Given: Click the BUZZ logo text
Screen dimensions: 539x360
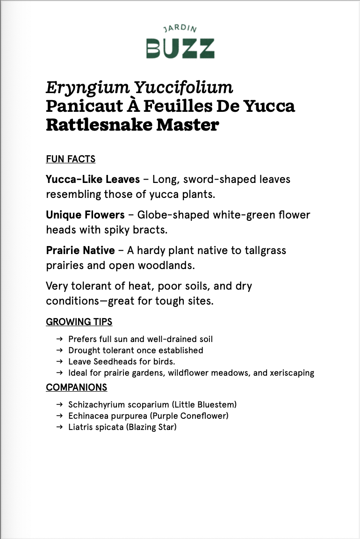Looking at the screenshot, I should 180,48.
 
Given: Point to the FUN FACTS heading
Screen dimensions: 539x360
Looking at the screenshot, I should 71,159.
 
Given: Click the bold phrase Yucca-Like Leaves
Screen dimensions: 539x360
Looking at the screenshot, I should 93,179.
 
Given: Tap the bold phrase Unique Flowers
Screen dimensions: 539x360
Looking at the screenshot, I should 85,215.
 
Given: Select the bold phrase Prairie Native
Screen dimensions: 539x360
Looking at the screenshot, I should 80,250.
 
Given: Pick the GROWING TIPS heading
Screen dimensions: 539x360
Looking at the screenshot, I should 79,322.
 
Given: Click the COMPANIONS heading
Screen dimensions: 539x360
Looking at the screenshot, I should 76,387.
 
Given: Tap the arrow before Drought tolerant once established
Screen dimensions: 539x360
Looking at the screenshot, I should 59,350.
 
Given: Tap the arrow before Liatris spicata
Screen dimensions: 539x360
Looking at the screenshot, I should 59,427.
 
